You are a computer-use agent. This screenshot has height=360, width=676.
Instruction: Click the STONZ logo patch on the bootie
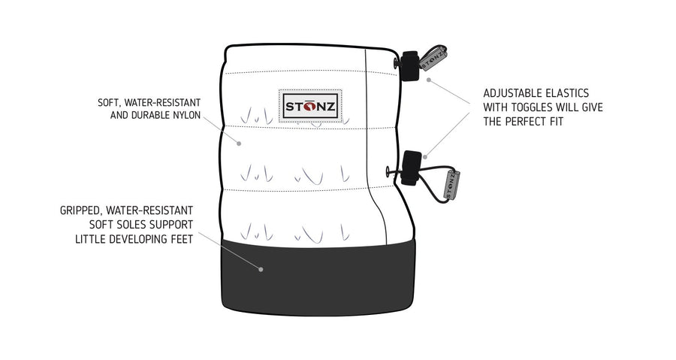pos(310,106)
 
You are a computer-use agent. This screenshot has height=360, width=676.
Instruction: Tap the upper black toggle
pos(409,66)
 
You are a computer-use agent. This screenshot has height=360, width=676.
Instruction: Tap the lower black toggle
pos(411,168)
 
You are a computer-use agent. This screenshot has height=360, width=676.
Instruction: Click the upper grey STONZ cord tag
pos(433,58)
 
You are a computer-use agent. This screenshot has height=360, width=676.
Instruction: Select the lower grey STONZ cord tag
pos(452,185)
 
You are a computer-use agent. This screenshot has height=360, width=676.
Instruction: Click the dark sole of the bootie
pos(318,278)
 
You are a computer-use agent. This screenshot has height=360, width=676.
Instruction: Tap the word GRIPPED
pos(81,210)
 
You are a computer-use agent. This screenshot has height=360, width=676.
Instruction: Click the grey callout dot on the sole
pos(261,270)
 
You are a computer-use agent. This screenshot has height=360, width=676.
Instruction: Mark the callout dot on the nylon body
pos(238,143)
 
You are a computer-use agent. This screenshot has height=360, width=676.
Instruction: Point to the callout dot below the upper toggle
pos(428,80)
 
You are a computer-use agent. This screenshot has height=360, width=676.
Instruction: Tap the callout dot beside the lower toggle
pos(425,157)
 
